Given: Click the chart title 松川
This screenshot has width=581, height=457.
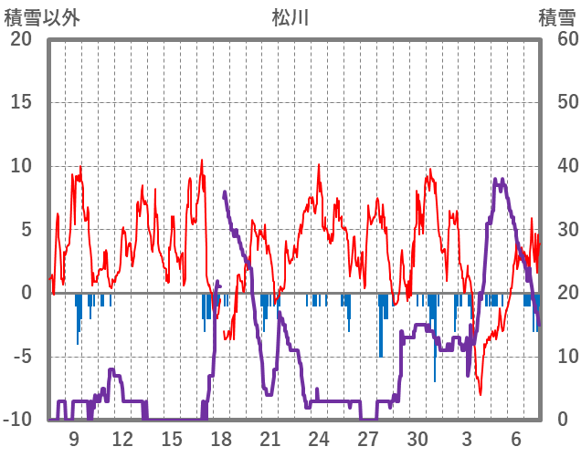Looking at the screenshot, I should click(x=290, y=17).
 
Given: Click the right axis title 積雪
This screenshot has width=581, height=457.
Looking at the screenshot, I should click(x=556, y=17).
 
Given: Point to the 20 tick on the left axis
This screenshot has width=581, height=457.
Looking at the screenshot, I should click(x=20, y=39).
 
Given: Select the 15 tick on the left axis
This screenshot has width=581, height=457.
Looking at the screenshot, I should click(x=20, y=102).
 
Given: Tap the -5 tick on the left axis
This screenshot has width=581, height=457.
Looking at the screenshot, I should click(x=20, y=357).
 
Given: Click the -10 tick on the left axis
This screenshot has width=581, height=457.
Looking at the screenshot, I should click(x=16, y=420).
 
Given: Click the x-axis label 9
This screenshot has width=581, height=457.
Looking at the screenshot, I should click(x=74, y=439).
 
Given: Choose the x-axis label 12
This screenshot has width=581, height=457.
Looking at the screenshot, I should click(x=122, y=439).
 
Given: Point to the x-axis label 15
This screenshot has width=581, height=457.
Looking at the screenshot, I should click(x=172, y=439).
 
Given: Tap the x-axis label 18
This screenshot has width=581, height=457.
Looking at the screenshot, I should click(x=221, y=439).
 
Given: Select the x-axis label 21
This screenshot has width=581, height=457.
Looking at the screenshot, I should click(x=269, y=439).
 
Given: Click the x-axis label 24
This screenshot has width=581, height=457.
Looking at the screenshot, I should click(x=319, y=439).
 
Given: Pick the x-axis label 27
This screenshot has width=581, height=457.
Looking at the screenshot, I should click(x=368, y=439).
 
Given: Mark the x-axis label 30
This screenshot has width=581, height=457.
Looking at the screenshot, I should click(x=417, y=439).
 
